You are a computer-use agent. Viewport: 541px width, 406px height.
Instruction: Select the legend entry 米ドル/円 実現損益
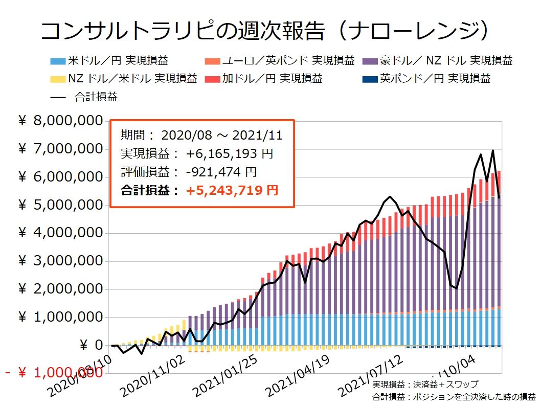(x=110, y=61)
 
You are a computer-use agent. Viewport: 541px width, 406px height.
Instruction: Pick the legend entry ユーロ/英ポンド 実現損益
(x=281, y=61)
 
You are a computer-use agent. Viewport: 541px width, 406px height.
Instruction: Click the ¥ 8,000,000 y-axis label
(x=60, y=121)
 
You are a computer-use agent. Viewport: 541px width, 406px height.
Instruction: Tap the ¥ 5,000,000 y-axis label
(x=60, y=205)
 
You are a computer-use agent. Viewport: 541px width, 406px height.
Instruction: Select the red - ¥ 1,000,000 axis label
(x=54, y=373)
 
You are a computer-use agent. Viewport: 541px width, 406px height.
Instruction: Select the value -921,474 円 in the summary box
(x=221, y=172)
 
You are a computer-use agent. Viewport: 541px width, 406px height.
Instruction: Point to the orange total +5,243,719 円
(x=232, y=191)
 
